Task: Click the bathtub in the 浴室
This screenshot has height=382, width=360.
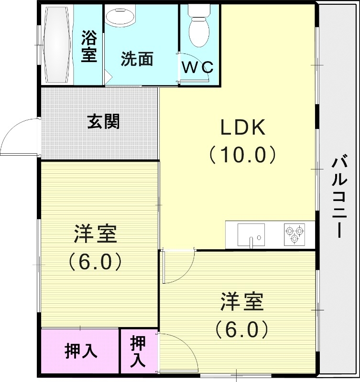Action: [58, 45]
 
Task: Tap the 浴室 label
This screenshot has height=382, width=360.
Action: [89, 46]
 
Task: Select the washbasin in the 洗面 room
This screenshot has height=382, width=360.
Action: [120, 17]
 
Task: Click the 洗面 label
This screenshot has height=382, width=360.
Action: [137, 59]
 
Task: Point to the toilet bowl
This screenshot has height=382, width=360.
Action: [199, 26]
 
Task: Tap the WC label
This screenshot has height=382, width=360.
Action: [198, 67]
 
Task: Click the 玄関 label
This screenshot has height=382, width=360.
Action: [104, 121]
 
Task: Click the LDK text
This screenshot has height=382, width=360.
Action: [243, 127]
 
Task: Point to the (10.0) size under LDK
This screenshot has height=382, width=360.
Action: [243, 155]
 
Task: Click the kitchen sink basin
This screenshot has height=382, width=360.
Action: [251, 234]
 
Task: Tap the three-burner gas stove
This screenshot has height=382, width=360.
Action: [295, 234]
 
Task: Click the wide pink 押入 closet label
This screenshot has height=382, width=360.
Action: [81, 351]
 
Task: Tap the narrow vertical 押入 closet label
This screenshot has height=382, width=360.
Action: [138, 351]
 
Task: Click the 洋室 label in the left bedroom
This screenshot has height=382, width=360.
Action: [96, 234]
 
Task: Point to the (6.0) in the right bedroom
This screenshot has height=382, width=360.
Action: [242, 329]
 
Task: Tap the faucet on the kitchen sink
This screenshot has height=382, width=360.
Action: [251, 242]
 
